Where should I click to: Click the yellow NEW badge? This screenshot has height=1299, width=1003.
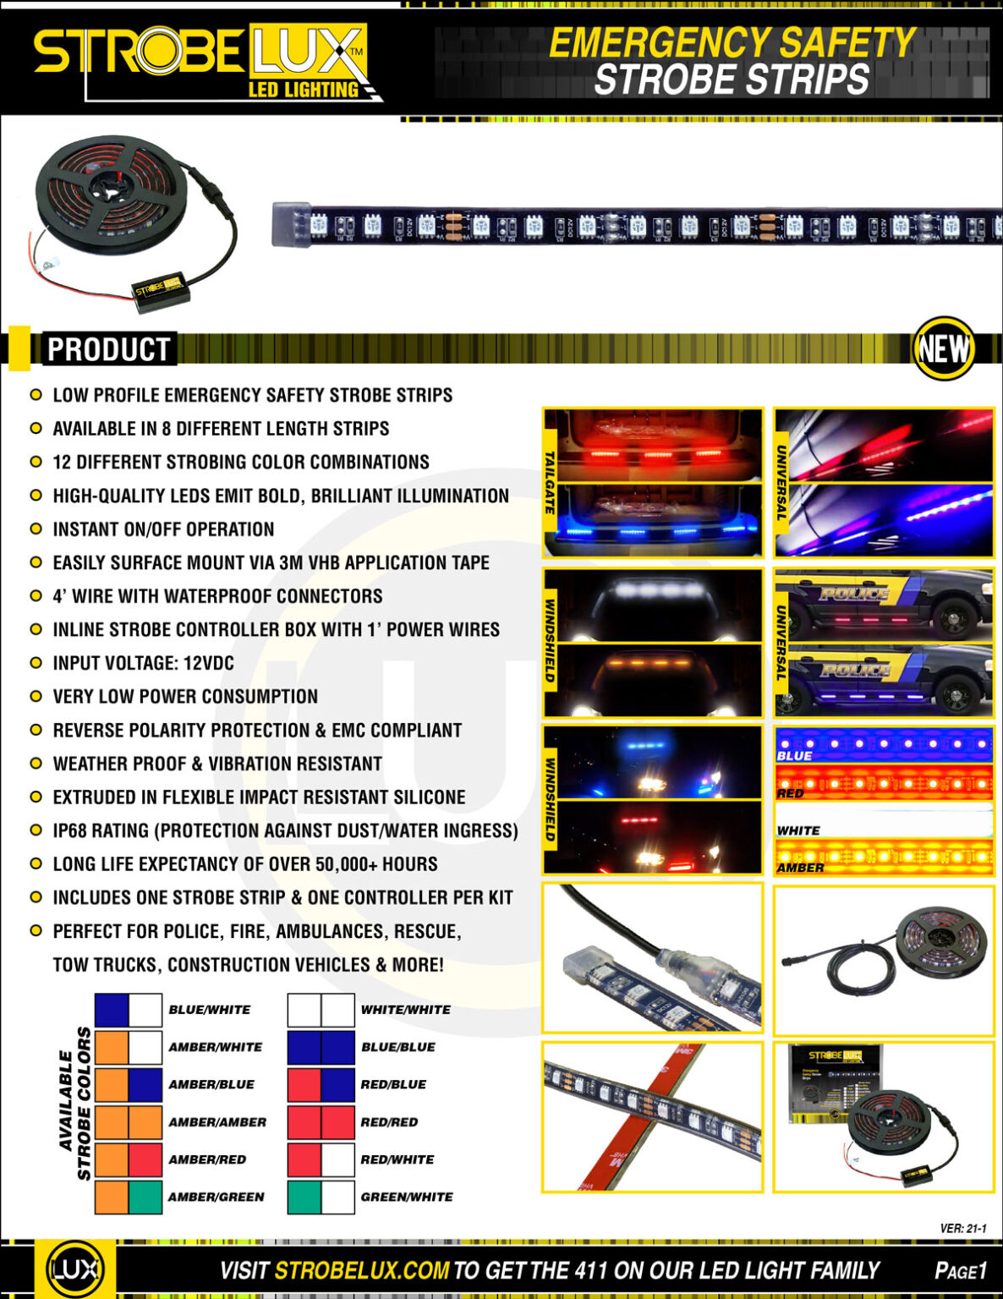[x=943, y=348]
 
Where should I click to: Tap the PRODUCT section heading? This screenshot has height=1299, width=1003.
[x=108, y=349]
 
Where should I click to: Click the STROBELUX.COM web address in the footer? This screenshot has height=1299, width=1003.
[x=361, y=1269]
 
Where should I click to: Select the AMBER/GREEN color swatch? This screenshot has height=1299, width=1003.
[x=128, y=1197]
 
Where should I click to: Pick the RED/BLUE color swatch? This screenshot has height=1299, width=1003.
[x=321, y=1084]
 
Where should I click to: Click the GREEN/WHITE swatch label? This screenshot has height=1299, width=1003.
[x=406, y=1197]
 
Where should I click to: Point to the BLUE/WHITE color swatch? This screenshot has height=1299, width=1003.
[x=128, y=1010]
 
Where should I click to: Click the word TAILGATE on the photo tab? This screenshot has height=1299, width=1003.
[x=551, y=482]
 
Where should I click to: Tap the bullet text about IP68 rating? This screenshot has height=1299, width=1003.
[x=285, y=830]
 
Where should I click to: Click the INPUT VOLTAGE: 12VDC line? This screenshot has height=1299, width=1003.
[x=143, y=663]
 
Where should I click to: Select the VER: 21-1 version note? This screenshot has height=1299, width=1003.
[x=962, y=1228]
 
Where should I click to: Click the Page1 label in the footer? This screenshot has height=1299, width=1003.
[x=961, y=1270]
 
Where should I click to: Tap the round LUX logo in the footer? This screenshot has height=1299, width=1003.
[x=75, y=1269]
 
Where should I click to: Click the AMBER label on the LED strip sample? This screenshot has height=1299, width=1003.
[x=800, y=868]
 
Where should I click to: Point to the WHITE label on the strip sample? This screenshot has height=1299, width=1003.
[x=798, y=830]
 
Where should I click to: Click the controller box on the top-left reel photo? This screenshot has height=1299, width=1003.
[x=159, y=291]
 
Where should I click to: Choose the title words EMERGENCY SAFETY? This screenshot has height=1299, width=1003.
[x=732, y=43]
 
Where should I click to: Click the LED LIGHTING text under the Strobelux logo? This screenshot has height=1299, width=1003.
[x=303, y=90]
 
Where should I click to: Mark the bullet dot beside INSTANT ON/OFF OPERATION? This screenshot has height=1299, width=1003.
[x=36, y=529]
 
